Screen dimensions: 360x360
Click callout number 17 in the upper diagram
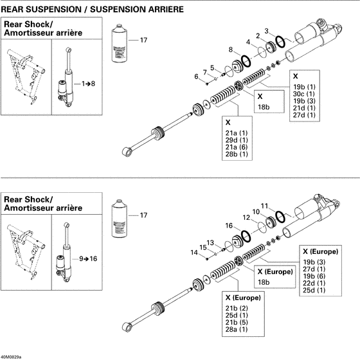[x=143, y=40]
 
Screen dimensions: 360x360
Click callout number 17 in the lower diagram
[x=143, y=215]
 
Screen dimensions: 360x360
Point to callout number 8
[x=231, y=49]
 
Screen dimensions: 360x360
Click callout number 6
[x=197, y=76]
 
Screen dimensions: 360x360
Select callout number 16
[x=230, y=226]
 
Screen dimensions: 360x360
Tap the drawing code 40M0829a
[x=12, y=356]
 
